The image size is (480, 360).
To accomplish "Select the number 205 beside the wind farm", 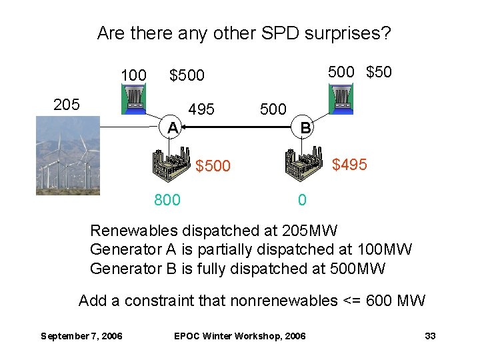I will click(x=67, y=105).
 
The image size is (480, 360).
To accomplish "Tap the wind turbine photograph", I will click(x=67, y=155).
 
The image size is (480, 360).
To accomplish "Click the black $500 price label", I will click(x=187, y=76).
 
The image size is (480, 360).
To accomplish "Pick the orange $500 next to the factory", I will click(x=213, y=165).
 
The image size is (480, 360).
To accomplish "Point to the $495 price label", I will click(x=349, y=164).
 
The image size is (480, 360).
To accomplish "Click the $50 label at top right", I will click(x=379, y=72).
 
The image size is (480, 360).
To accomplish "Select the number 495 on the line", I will click(x=201, y=109).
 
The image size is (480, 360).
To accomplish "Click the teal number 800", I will click(x=167, y=199).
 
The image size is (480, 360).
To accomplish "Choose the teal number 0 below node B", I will click(x=302, y=199).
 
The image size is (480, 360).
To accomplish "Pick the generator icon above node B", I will click(x=341, y=100).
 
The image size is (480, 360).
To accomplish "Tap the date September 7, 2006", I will click(x=81, y=336).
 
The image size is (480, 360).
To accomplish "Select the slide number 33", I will click(x=430, y=336).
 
